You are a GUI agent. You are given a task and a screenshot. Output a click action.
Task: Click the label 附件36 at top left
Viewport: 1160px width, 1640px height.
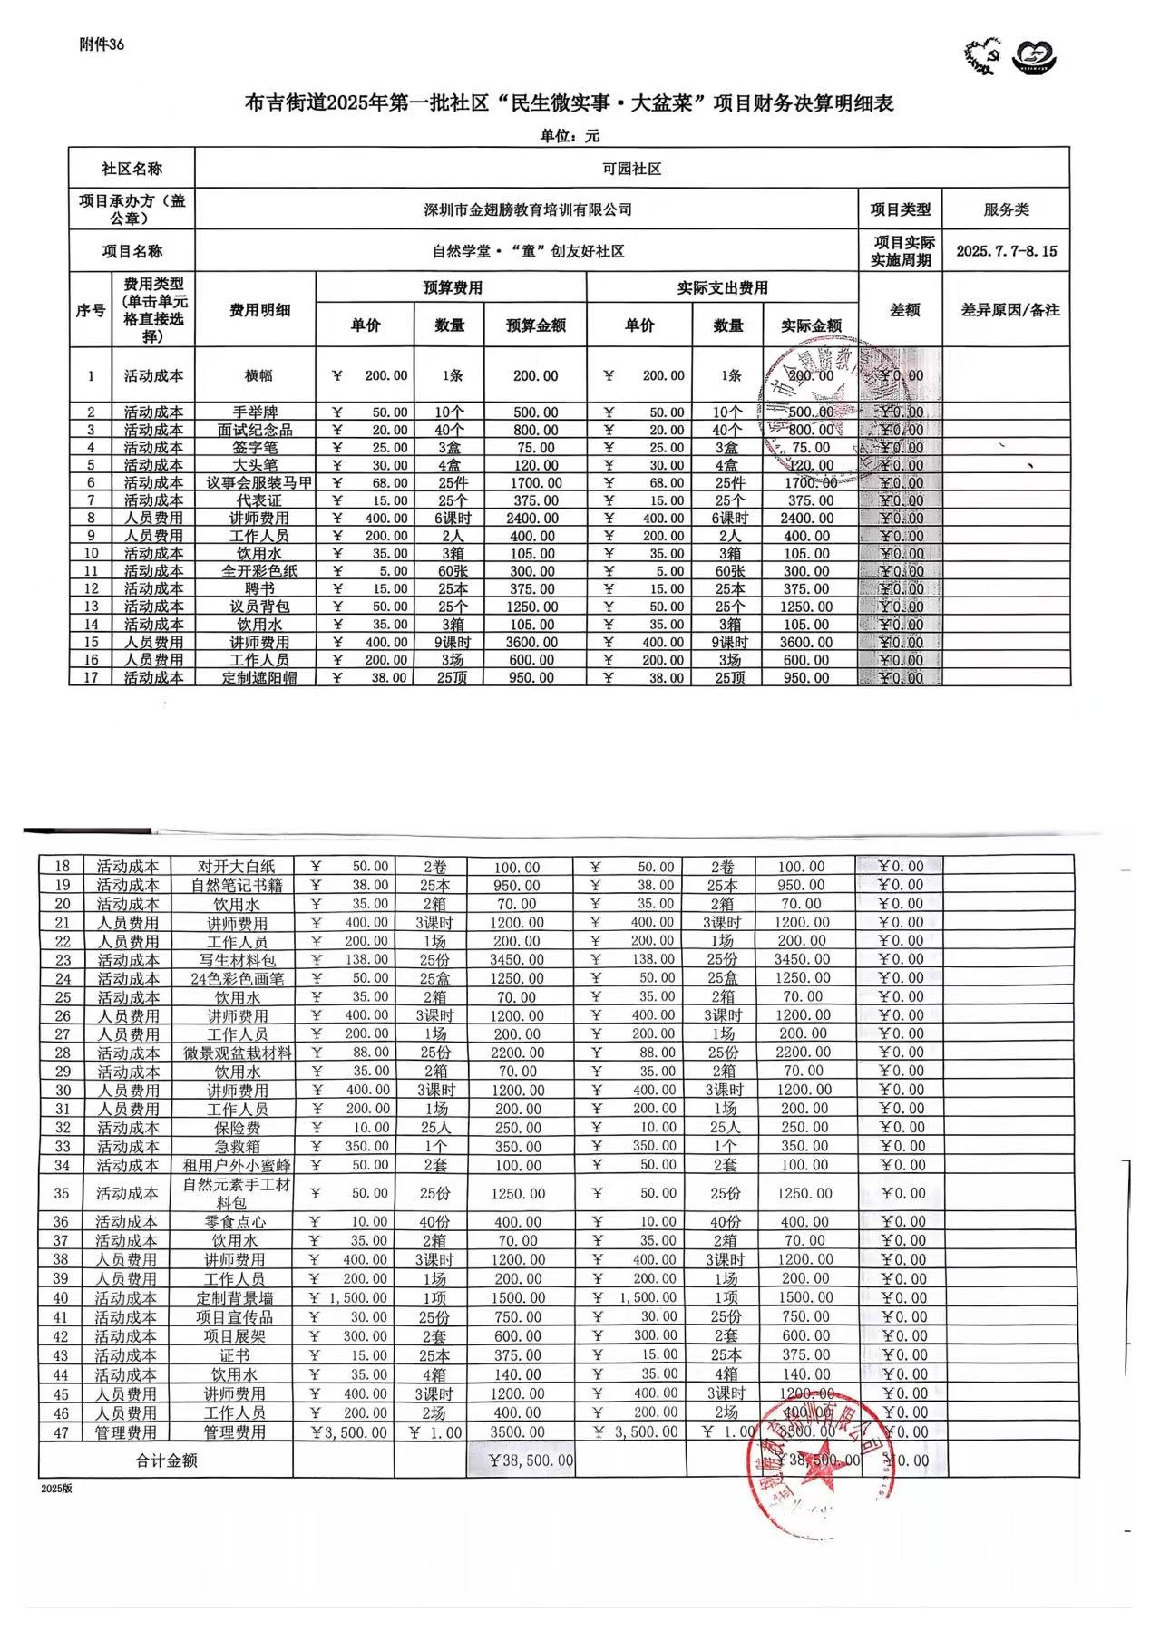tap(102, 45)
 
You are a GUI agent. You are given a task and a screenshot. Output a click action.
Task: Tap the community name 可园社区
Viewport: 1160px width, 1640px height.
tap(631, 169)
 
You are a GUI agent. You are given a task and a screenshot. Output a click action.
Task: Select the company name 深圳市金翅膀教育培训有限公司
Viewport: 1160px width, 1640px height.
tap(528, 209)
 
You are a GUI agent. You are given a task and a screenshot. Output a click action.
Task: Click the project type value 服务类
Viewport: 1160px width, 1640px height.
tap(1006, 209)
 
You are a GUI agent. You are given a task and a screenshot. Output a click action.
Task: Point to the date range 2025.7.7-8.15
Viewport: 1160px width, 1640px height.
tap(1006, 251)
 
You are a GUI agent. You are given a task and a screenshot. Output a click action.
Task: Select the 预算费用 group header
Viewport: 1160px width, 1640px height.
tap(452, 288)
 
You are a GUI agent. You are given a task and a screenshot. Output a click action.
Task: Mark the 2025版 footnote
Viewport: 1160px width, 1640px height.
tap(55, 1490)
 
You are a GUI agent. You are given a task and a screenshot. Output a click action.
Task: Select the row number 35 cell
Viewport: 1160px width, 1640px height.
tap(62, 1193)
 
